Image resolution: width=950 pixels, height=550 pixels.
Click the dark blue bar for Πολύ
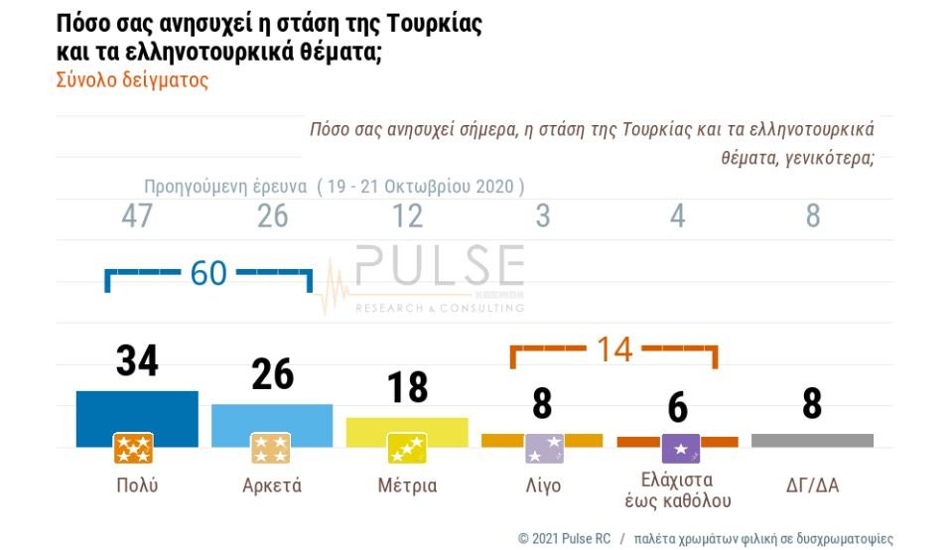tap(137, 411)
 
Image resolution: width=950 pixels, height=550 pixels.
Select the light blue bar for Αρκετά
tap(272, 418)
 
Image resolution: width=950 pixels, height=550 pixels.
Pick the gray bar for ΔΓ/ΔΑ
tap(812, 440)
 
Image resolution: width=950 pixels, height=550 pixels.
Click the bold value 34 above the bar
tap(137, 361)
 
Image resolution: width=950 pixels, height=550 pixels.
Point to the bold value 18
tap(407, 387)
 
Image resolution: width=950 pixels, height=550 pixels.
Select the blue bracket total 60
tap(208, 273)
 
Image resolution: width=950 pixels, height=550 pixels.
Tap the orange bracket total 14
tap(613, 349)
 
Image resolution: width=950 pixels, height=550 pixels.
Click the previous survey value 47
tap(137, 216)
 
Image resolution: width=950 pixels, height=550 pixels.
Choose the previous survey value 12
tap(407, 216)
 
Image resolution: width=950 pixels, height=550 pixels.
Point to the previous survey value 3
tap(542, 216)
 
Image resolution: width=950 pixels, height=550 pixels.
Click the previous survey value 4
tap(677, 216)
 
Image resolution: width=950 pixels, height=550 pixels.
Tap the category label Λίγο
tap(542, 485)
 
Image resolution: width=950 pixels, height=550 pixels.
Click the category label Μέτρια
tap(407, 485)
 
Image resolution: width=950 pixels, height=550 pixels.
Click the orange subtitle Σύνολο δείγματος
tap(132, 80)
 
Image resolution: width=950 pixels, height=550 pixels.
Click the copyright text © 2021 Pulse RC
tap(562, 539)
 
